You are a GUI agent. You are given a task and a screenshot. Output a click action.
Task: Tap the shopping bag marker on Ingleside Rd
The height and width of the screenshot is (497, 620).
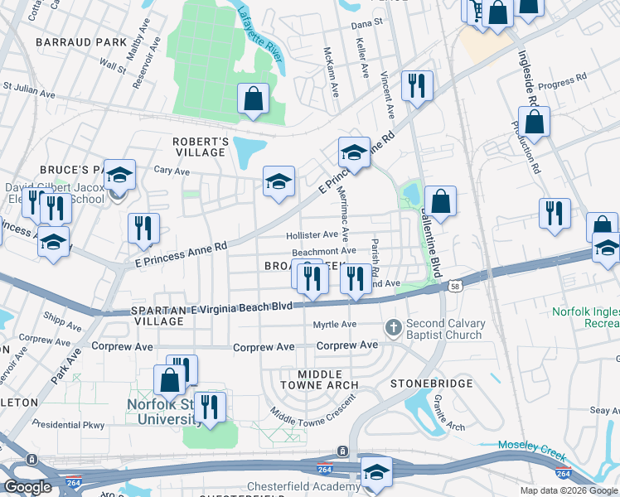tap(536, 123)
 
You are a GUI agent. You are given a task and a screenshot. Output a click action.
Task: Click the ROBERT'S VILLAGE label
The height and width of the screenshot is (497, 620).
tap(200, 147)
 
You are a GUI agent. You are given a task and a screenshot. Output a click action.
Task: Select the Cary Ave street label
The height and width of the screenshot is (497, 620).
tap(172, 171)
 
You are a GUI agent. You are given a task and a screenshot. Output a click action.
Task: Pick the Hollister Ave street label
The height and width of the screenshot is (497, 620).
tap(312, 235)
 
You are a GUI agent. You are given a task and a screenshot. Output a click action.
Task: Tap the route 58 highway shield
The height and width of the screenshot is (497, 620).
tap(454, 286)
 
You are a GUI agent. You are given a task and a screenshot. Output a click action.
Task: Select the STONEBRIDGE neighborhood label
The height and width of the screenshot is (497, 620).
tap(431, 384)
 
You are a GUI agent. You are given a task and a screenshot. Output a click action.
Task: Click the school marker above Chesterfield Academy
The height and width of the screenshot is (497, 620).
tap(376, 470)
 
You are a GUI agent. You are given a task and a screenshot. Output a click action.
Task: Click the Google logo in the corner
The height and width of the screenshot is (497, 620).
tap(28, 487)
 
